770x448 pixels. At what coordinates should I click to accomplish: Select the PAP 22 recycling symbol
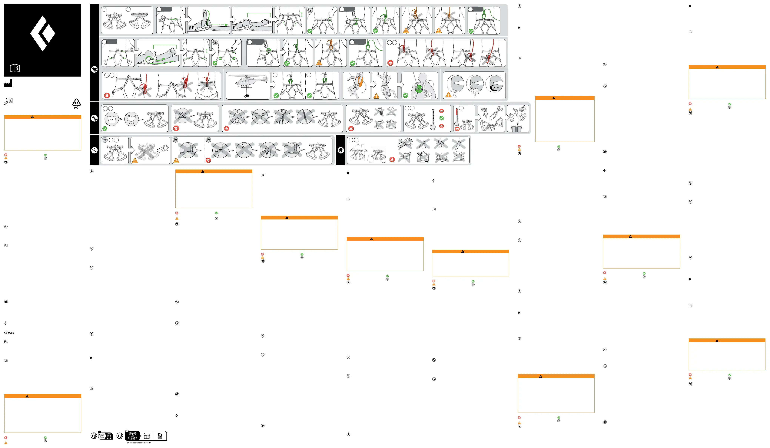pos(76,103)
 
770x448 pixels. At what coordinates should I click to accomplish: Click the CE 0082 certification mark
pos(9,333)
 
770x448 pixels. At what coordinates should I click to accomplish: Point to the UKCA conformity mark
pos(6,342)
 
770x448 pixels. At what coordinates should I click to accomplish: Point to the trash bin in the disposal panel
pos(516,129)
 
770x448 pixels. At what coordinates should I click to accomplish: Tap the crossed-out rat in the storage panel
pos(441,157)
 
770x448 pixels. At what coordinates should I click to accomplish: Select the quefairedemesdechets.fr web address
pos(139,443)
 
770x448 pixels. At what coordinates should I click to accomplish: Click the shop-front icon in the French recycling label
pos(147,436)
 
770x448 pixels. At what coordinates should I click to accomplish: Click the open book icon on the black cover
pos(15,68)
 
